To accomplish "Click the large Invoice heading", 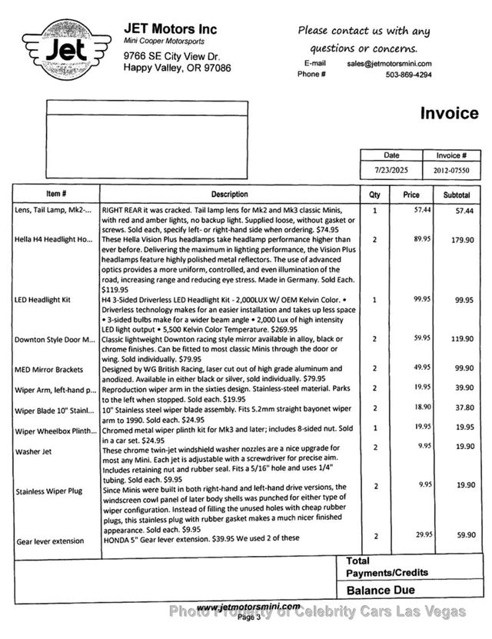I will pyautogui.click(x=449, y=114).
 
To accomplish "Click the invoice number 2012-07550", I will pyautogui.click(x=450, y=170).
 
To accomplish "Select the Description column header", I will pyautogui.click(x=230, y=195).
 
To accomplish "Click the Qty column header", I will pyautogui.click(x=374, y=195).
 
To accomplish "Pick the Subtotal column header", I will pyautogui.click(x=456, y=195).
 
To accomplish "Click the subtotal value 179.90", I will pyautogui.click(x=462, y=240).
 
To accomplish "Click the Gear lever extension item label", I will pyautogui.click(x=50, y=541).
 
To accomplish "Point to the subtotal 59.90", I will pyautogui.click(x=462, y=536).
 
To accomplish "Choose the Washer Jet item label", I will pyautogui.click(x=32, y=451).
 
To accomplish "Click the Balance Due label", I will pyautogui.click(x=381, y=591).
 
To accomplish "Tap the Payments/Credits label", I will pyautogui.click(x=387, y=573).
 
